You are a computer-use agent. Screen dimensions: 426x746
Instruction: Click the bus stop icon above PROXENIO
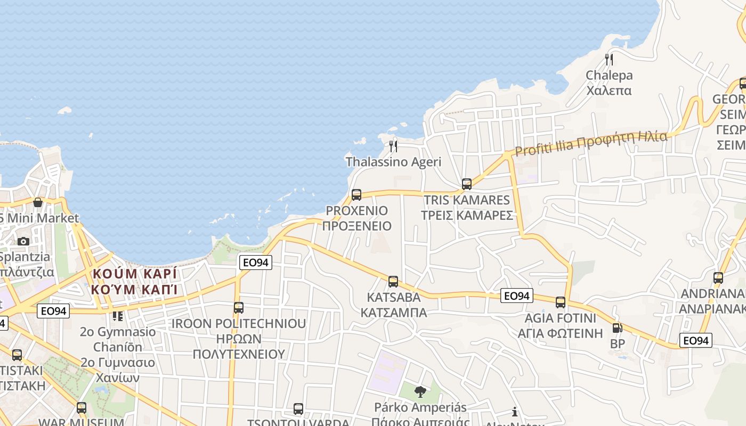356,195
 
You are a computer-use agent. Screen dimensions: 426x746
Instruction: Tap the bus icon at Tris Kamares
467,184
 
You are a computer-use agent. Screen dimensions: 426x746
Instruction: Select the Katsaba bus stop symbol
393,282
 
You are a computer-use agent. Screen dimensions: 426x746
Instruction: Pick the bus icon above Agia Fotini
561,302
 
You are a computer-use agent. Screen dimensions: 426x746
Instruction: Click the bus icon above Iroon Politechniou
239,308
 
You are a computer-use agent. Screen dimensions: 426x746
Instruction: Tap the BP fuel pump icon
617,329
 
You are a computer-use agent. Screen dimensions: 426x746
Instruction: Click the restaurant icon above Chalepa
609,59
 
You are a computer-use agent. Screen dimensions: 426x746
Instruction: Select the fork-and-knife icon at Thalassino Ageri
393,146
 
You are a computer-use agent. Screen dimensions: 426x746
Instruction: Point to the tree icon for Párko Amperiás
420,392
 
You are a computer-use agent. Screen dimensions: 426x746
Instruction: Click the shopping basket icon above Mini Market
38,202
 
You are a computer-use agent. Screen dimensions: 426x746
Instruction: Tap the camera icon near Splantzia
23,241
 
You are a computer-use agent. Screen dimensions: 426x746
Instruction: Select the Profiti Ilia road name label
590,143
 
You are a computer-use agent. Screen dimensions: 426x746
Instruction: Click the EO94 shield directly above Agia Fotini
517,296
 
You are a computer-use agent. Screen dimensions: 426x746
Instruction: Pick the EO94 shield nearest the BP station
696,340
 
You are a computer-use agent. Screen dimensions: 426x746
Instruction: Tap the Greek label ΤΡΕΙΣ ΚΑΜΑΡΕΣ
467,215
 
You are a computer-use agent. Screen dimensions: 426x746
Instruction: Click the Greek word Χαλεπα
609,90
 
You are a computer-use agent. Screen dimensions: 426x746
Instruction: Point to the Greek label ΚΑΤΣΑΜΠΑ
394,312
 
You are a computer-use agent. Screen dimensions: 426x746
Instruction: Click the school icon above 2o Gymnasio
118,316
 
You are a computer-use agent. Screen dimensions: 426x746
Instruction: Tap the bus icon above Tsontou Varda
298,409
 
